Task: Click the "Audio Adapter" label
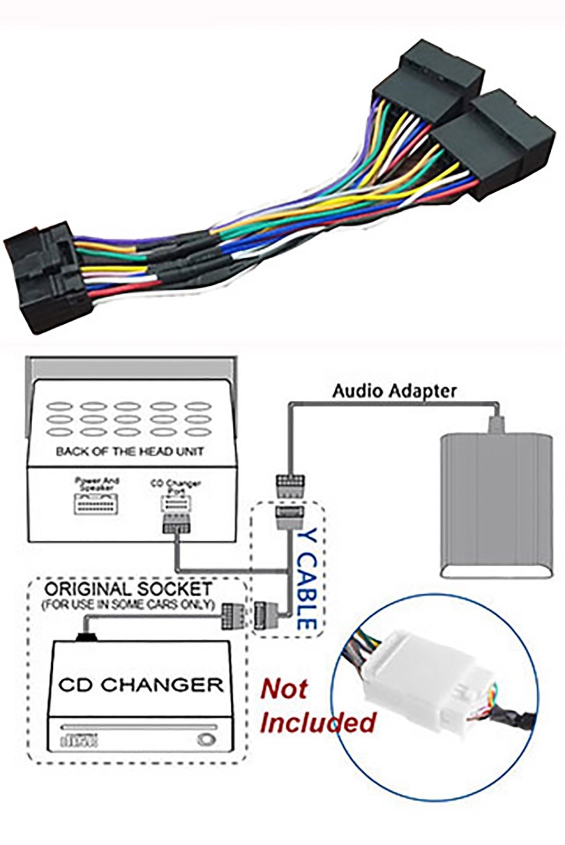[x=394, y=391]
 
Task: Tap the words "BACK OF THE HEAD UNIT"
[x=129, y=452]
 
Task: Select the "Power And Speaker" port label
[x=97, y=484]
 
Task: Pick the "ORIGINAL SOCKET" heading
[x=128, y=589]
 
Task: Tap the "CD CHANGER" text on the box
[x=140, y=685]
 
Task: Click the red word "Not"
[x=284, y=689]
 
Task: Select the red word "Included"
[x=317, y=722]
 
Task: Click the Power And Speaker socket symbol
[x=96, y=504]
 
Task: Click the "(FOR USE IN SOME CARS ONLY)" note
[x=128, y=604]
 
